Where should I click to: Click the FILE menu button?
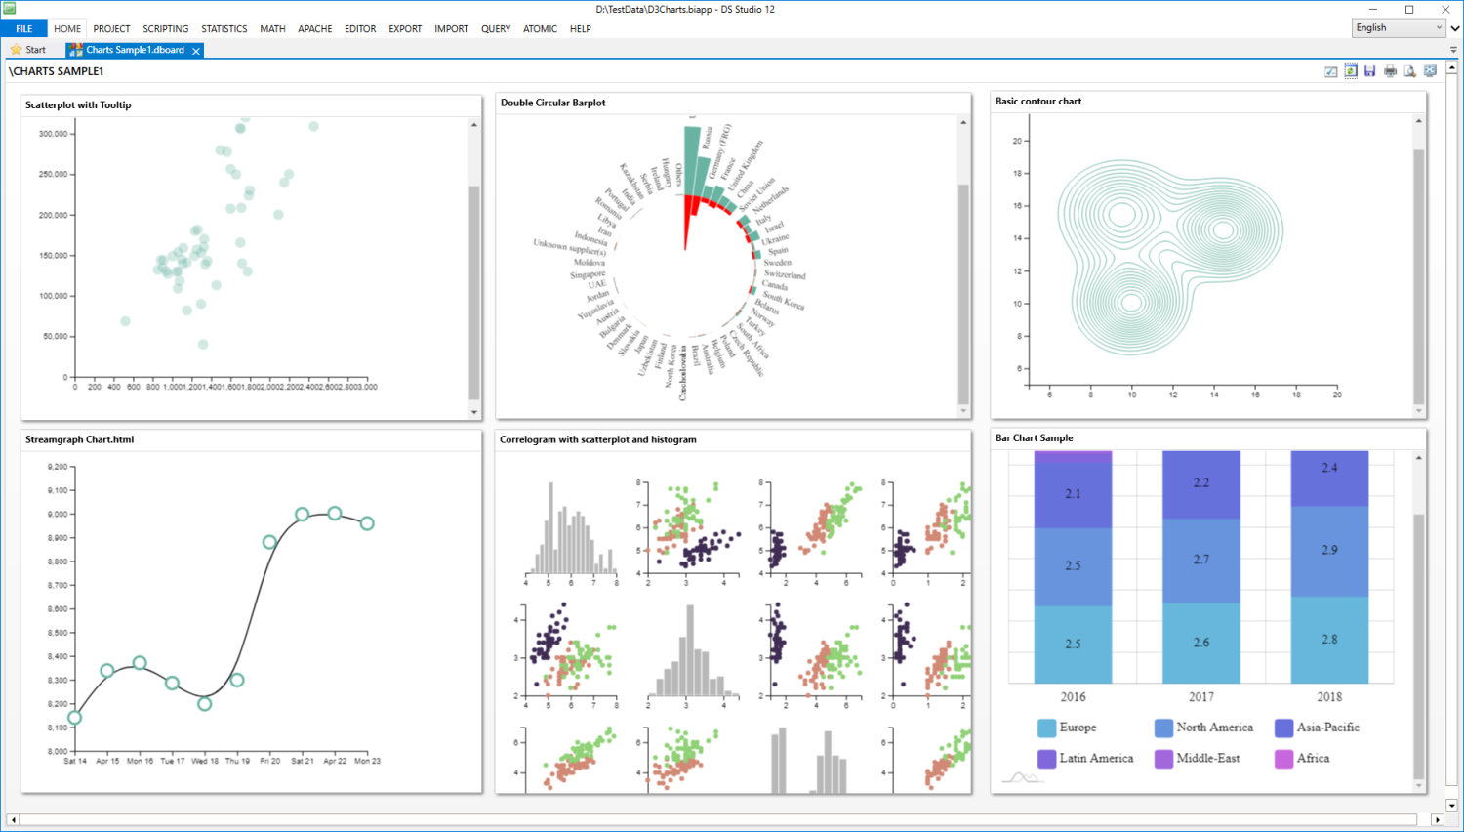tap(23, 29)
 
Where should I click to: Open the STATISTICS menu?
tap(224, 29)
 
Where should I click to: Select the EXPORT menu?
tap(405, 29)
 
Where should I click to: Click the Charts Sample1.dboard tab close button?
tap(196, 51)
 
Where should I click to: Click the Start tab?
tap(28, 50)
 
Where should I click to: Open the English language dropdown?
tap(1399, 28)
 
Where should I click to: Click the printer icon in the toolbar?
tap(1390, 71)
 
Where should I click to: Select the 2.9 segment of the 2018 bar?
tap(1329, 551)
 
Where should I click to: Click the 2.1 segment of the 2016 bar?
tap(1073, 494)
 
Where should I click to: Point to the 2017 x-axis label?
tap(1201, 697)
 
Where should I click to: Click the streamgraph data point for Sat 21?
tap(303, 515)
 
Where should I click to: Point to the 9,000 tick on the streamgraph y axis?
tap(58, 515)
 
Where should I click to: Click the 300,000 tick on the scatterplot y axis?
tap(54, 134)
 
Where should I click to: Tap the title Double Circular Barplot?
tap(552, 103)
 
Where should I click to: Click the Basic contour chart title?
tap(1037, 102)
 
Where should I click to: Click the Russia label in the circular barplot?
tap(707, 138)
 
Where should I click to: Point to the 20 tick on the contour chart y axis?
tap(1017, 141)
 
